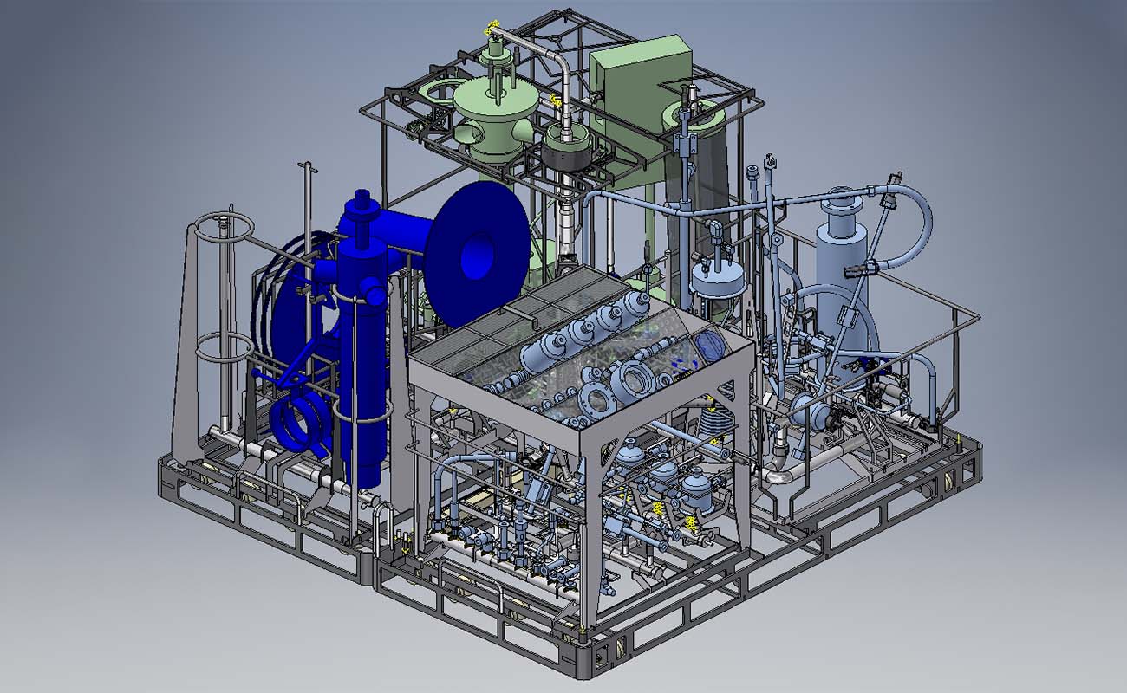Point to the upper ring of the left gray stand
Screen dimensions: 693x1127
pyautogui.click(x=224, y=228)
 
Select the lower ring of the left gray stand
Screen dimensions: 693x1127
pyautogui.click(x=224, y=348)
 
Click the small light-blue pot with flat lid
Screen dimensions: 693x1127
pyautogui.click(x=718, y=282)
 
